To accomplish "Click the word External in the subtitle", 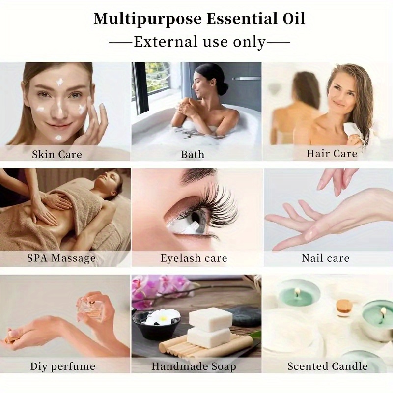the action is click(166, 42).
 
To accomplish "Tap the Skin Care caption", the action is click(57, 154).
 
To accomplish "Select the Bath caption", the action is click(193, 154).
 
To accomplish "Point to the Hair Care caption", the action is click(332, 153).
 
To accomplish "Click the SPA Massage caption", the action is click(61, 258).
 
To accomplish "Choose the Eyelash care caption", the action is click(194, 258).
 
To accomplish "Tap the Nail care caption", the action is click(325, 258).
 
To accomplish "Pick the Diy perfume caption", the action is click(63, 366).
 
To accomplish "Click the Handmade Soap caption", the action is click(194, 366).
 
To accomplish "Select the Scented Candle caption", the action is click(328, 366).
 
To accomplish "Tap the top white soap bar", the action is click(211, 319).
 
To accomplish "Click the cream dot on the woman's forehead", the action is click(59, 82).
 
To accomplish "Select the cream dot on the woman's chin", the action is click(58, 137).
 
